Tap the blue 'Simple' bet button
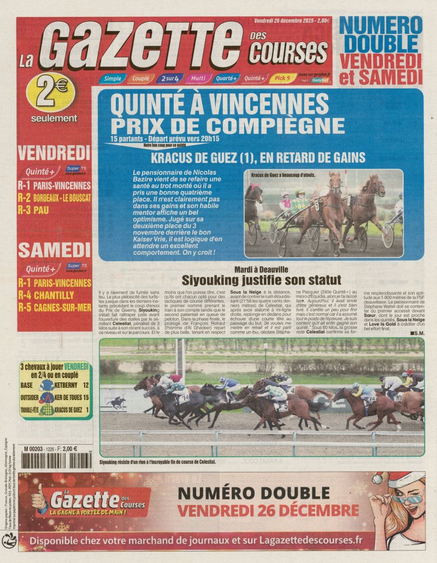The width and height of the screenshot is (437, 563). click(113, 79)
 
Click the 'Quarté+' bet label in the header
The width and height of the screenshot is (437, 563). click(226, 79)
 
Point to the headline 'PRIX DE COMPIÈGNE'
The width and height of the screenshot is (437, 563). click(227, 124)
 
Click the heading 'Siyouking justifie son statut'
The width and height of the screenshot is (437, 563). click(261, 280)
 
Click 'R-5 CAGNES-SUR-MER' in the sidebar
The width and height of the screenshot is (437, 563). click(54, 307)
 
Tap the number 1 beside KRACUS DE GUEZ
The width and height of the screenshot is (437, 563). click(87, 409)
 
